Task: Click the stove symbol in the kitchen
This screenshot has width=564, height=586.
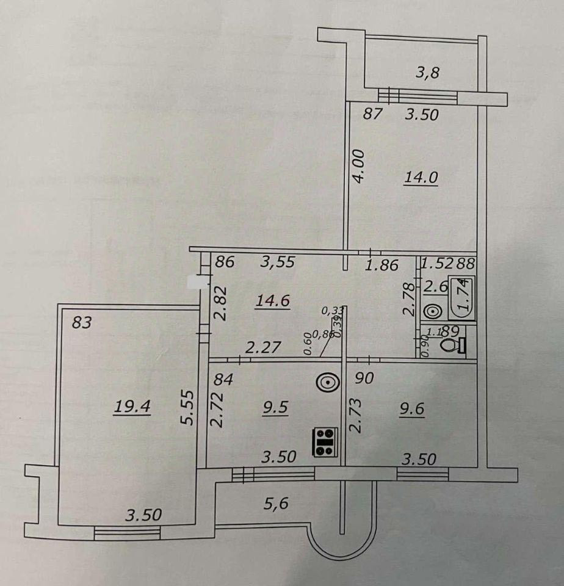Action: tap(325, 441)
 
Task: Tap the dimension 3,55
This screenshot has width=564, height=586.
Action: tap(278, 262)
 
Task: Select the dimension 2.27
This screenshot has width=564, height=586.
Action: tap(262, 348)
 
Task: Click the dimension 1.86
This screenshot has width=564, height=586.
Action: tap(381, 265)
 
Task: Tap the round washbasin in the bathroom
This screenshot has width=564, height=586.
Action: tap(433, 311)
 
